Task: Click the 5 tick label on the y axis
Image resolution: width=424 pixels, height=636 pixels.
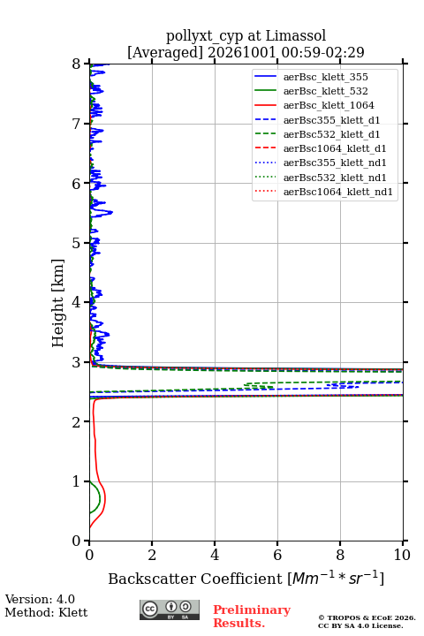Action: click(77, 244)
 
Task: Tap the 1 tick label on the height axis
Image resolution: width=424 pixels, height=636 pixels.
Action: click(77, 481)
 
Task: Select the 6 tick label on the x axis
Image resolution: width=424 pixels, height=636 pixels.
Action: click(277, 555)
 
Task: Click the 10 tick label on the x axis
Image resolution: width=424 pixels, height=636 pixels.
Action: click(403, 555)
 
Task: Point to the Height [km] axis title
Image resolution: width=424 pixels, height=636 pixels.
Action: click(58, 303)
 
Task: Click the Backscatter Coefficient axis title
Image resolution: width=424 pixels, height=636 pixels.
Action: click(195, 579)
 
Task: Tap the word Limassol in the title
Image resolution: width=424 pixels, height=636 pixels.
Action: click(296, 36)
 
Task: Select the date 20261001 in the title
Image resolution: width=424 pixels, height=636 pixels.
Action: click(242, 52)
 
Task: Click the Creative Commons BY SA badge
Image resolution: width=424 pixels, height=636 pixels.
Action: click(170, 609)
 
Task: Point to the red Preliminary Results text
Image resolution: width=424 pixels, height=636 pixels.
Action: click(252, 617)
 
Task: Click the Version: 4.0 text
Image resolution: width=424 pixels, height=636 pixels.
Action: click(40, 599)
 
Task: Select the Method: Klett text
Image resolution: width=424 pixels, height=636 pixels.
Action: click(46, 612)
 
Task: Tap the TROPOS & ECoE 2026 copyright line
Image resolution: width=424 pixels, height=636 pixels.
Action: click(367, 617)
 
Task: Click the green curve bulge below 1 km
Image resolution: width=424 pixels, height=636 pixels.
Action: click(100, 497)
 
